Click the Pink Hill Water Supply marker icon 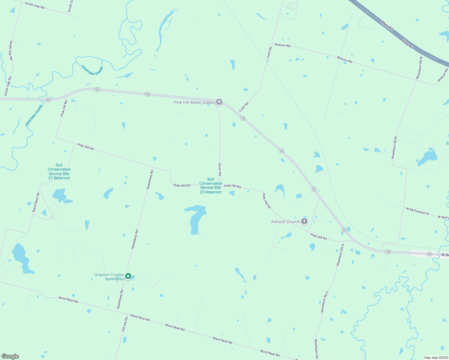[x=219, y=102]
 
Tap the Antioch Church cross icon [x=304, y=222]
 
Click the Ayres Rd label [x=220, y=169]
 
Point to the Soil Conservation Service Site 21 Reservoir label [x=59, y=172]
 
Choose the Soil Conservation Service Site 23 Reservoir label [x=211, y=186]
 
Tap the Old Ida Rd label [x=125, y=324]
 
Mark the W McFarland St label [x=417, y=211]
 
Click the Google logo [x=10, y=356]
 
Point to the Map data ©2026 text [x=435, y=358]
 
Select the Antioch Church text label [x=285, y=222]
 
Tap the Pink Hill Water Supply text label [x=194, y=103]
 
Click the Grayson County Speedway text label [x=109, y=277]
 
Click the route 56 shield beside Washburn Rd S [x=344, y=230]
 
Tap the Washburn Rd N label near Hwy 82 [x=419, y=68]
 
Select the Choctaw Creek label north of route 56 [x=92, y=71]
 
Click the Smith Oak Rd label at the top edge [x=35, y=5]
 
